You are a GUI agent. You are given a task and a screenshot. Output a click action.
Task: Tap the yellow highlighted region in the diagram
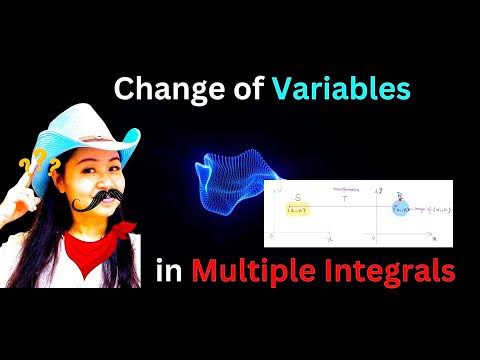point(298,210)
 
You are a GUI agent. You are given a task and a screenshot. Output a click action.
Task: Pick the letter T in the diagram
point(345,198)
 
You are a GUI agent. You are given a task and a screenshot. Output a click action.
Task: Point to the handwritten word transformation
point(346,187)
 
